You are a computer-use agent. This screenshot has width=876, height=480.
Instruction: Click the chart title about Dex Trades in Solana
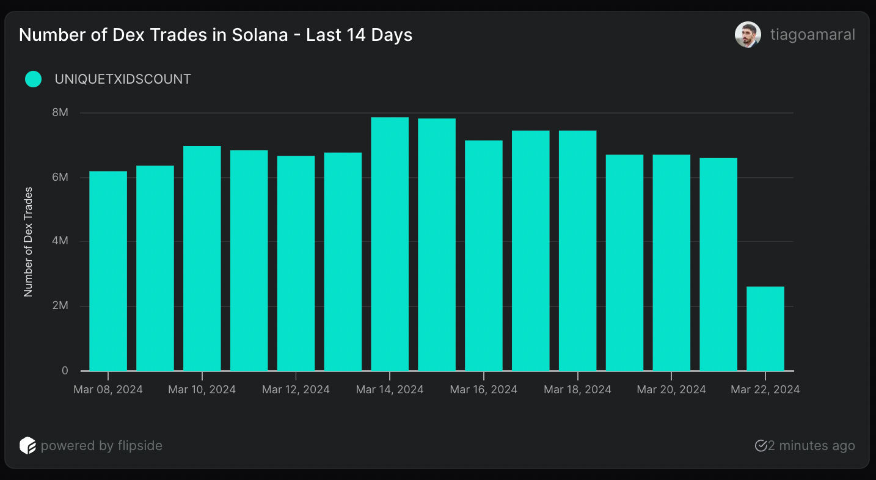[x=216, y=35]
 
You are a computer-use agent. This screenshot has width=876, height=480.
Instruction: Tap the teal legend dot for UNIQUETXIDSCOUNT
[x=33, y=79]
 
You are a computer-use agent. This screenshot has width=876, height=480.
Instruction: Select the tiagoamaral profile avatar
[x=747, y=35]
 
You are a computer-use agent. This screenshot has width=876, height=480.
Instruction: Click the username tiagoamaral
[x=812, y=35]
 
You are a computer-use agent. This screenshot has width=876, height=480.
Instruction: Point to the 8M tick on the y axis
[x=60, y=113]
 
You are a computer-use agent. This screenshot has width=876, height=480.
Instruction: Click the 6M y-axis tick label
[x=60, y=177]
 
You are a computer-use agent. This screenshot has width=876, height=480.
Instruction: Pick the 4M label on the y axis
[x=60, y=242]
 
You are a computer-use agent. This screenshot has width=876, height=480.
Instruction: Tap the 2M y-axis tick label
[x=60, y=306]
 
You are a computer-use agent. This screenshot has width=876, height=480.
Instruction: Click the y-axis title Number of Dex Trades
[x=28, y=242]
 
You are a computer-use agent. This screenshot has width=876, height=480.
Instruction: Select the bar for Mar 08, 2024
[x=108, y=271]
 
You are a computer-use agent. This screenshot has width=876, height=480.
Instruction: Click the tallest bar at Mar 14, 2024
[x=390, y=244]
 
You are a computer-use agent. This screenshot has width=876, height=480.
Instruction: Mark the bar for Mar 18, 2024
[x=577, y=250]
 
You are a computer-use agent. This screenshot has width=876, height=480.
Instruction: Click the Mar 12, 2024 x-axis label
[x=296, y=390]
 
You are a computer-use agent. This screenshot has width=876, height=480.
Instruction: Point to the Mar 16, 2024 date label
[x=483, y=390]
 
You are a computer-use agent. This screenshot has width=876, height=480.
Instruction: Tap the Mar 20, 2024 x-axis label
[x=671, y=390]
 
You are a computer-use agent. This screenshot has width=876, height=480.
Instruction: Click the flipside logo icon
[x=27, y=446]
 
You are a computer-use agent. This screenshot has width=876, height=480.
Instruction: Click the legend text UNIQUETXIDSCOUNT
[x=123, y=79]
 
